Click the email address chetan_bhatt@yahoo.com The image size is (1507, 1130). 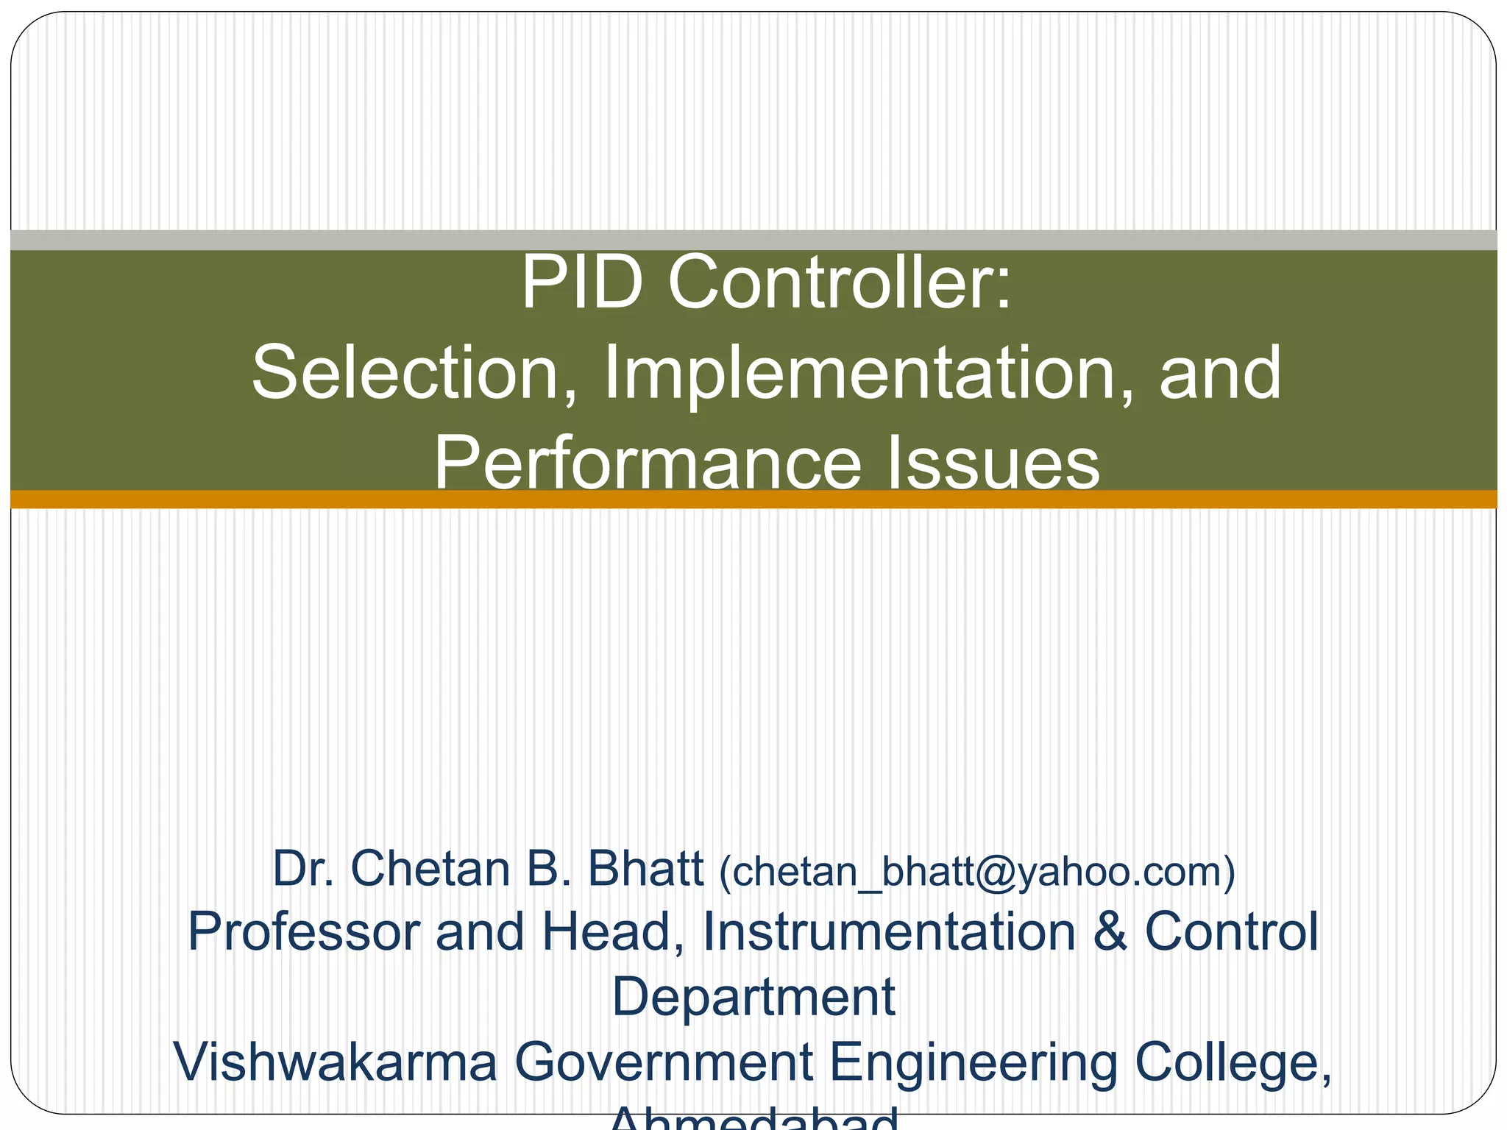(976, 871)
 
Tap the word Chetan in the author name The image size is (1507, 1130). (430, 870)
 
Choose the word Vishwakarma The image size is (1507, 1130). (336, 1062)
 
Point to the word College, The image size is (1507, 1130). (1233, 1062)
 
